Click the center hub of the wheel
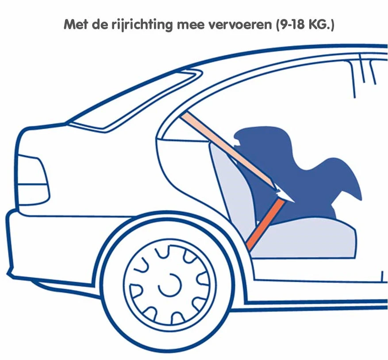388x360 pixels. [x=170, y=285]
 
